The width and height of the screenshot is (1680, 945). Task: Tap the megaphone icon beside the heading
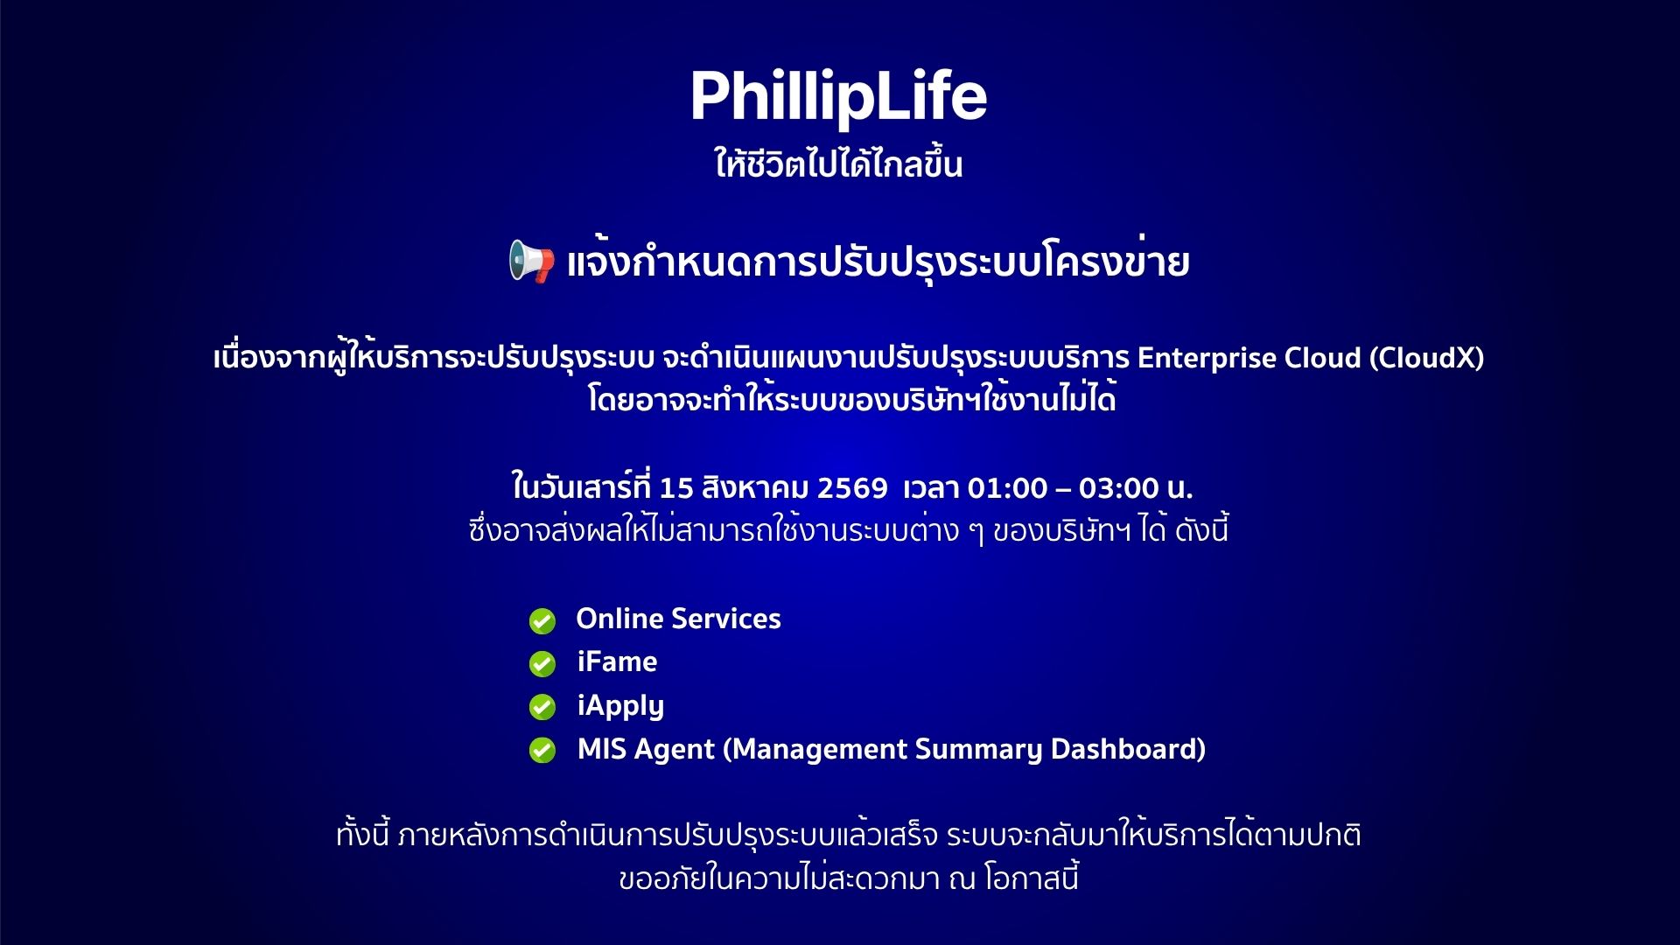[532, 262]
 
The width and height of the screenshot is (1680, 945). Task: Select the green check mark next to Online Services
[542, 621]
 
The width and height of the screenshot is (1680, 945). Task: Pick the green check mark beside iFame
[542, 664]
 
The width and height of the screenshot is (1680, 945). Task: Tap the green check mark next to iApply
[542, 707]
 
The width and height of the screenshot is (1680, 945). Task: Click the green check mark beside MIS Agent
[542, 751]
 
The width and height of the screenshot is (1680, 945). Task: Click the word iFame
[617, 661]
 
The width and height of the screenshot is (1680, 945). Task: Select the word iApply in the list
[620, 706]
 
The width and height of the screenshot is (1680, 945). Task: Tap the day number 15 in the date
[676, 487]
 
